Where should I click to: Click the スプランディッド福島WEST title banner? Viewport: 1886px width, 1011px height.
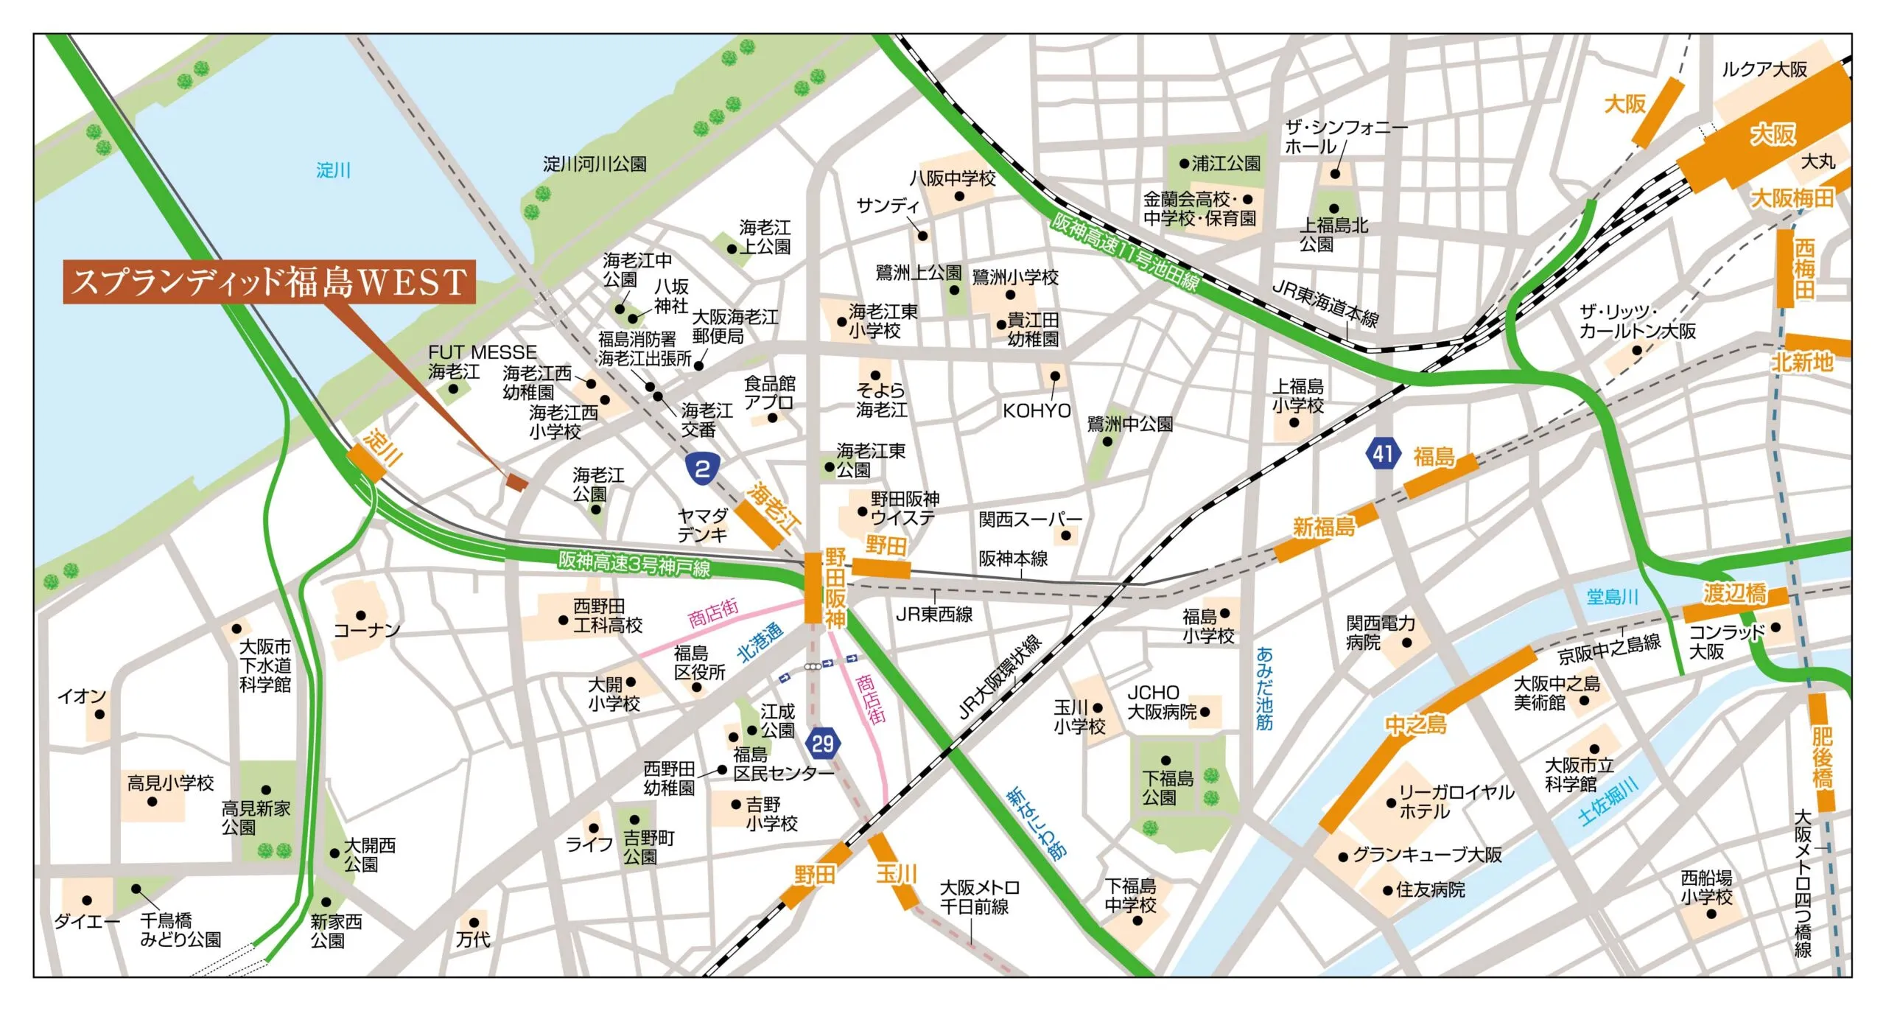269,281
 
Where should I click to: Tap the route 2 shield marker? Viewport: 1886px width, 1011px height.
702,468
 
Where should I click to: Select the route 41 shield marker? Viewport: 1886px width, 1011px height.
1382,453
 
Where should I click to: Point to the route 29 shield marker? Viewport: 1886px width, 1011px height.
822,744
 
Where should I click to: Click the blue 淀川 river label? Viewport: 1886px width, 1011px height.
333,170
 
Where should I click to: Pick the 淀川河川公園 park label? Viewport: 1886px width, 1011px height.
595,164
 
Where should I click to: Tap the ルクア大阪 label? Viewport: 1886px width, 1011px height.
1764,69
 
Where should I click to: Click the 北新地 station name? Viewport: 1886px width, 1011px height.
1802,362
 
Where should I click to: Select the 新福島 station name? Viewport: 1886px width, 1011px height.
1324,527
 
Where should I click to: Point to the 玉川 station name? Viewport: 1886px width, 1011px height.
896,874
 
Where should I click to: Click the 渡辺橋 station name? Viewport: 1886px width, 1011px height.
1734,593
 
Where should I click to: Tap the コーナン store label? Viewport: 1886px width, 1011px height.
367,630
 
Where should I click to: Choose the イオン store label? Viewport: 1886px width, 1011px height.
82,696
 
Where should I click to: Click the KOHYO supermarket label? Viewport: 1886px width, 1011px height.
1037,411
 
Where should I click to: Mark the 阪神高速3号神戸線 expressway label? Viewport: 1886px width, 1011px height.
634,564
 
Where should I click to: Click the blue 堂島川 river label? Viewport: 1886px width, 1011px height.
1612,596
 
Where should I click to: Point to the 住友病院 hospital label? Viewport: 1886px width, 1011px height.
1430,889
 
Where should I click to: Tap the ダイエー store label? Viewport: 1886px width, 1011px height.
86,921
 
